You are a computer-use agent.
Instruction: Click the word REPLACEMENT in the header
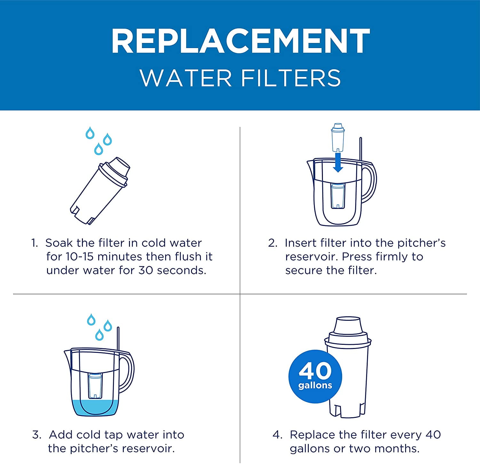(240, 41)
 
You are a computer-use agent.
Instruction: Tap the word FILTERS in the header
(291, 78)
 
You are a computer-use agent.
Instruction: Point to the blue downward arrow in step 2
(338, 163)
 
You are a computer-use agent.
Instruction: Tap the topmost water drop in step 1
(90, 133)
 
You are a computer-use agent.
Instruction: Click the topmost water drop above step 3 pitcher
(92, 319)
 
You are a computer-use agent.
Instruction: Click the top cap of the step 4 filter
(348, 325)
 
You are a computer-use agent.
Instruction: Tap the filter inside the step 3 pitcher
(95, 386)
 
